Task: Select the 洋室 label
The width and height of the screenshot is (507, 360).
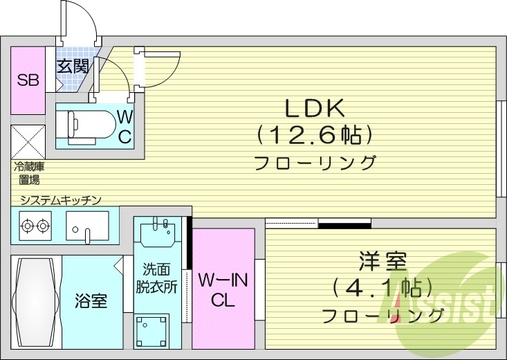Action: [382, 263]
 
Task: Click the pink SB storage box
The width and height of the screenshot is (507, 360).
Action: [28, 80]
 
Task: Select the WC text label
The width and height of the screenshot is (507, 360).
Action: [124, 125]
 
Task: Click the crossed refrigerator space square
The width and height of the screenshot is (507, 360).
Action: [28, 141]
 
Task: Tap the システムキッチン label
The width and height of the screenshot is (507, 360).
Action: [61, 199]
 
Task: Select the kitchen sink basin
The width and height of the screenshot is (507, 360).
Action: [87, 224]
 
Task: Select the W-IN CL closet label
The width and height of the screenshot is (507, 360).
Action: [223, 290]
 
